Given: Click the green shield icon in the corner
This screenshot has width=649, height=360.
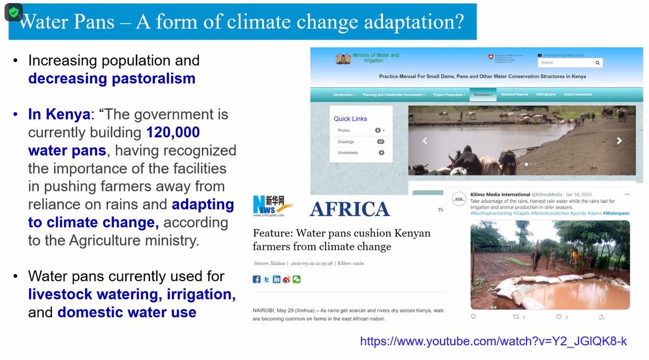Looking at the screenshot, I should coord(14,12).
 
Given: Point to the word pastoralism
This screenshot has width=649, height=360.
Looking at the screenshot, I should coord(154,78).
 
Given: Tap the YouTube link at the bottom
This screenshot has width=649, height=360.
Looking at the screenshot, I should coord(493,341).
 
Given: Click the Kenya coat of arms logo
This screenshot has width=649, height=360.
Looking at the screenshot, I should coord(342,58).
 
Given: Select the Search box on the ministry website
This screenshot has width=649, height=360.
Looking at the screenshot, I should coord(570,63).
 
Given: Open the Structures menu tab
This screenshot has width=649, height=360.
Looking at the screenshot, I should coord(482,95).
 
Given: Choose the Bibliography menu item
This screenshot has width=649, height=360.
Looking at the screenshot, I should coord(546,95).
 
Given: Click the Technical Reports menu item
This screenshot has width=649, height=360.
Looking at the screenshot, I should coord(514,95).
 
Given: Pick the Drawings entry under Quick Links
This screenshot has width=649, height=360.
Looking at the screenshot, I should coord(346,142).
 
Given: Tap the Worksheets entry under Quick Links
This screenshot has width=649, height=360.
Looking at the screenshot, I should coord(348,152).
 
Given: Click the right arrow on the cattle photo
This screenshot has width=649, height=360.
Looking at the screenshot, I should coord(619,141).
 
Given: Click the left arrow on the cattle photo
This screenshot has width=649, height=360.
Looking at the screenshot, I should coord(425,141).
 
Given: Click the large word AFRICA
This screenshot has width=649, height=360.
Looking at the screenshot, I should coord(349,209).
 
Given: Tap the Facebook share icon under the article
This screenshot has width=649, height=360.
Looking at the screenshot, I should coord(257,279).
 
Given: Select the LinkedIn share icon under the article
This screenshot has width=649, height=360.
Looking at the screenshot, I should coord(276,279).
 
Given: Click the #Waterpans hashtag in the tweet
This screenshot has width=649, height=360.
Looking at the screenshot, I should coord(616,214).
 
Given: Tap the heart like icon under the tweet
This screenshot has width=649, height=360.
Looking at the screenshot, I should coord(559,317).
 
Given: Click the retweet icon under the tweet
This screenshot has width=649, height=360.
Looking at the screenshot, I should coord(515,317).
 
